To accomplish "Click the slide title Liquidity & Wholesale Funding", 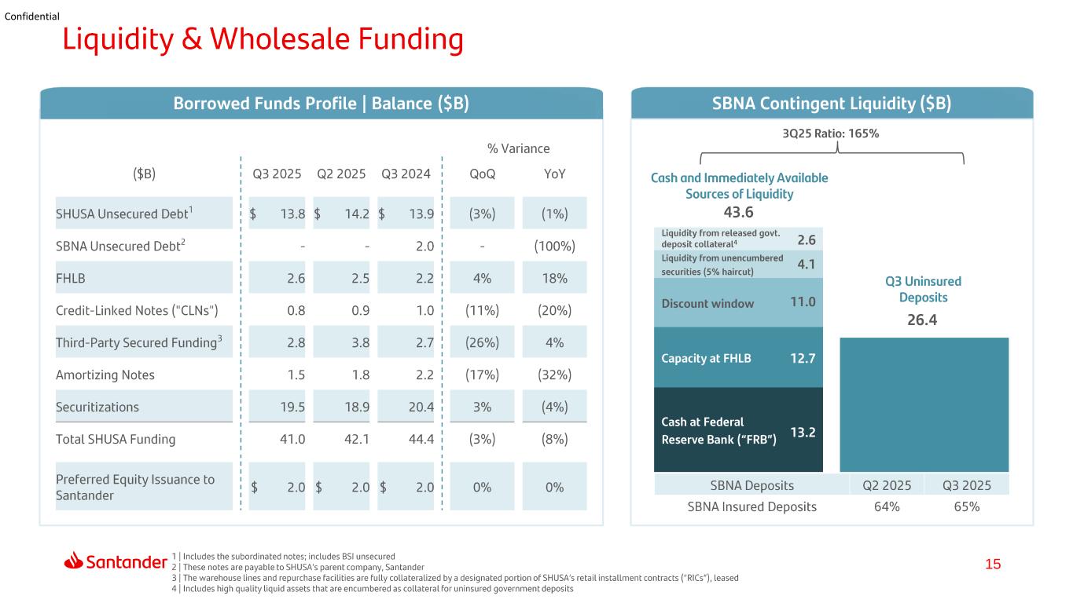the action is (263, 39).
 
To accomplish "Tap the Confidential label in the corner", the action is (32, 16).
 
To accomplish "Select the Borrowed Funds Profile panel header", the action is (322, 104).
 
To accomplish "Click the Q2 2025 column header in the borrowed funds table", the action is (341, 174).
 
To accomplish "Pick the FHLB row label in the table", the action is (71, 278).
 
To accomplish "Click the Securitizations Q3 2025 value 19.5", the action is (292, 407).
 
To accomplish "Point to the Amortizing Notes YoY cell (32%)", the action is (555, 375).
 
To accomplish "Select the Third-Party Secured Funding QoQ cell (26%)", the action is (483, 342).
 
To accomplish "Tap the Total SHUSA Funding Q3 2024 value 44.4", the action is (421, 439).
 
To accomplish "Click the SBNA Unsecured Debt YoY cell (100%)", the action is (555, 246).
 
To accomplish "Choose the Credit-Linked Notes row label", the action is (137, 311).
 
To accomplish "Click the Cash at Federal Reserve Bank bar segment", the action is (738, 429).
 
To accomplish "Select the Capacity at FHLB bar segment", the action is (738, 357).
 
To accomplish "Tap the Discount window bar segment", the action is (738, 303).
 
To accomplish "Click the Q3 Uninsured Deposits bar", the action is (924, 405).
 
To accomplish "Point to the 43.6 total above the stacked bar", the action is (738, 212).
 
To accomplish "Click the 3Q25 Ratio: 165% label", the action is (831, 133).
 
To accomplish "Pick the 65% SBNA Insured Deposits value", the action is (967, 506).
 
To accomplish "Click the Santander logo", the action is (116, 561).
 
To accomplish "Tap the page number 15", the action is (993, 565).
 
